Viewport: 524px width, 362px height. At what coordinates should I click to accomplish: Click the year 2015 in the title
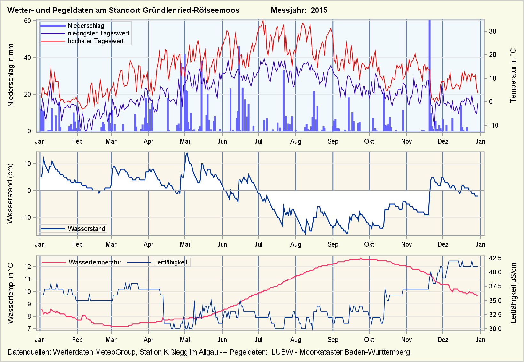pyautogui.click(x=319, y=10)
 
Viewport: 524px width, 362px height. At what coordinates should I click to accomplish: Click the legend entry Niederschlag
pyautogui.click(x=86, y=26)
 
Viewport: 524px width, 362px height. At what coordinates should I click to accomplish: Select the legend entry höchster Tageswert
pyautogui.click(x=96, y=41)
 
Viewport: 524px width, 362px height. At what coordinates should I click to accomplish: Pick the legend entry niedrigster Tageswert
pyautogui.click(x=98, y=33)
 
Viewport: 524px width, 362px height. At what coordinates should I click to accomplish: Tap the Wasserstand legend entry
pyautogui.click(x=86, y=229)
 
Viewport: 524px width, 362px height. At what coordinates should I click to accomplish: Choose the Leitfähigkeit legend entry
pyautogui.click(x=171, y=263)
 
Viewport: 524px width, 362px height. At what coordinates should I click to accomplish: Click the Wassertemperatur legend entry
pyautogui.click(x=95, y=263)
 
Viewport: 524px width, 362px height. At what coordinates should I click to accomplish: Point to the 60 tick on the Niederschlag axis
pyautogui.click(x=27, y=21)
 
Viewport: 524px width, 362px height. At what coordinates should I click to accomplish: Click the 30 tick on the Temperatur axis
pyautogui.click(x=492, y=31)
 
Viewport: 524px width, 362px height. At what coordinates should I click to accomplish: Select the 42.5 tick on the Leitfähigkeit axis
pyautogui.click(x=495, y=258)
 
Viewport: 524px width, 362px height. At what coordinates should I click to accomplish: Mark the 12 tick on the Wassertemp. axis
pyautogui.click(x=28, y=267)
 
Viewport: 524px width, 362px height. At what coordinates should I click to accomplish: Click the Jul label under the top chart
pyautogui.click(x=258, y=141)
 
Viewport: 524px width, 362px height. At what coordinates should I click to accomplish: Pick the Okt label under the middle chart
pyautogui.click(x=369, y=244)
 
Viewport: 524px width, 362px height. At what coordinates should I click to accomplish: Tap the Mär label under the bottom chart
pyautogui.click(x=111, y=340)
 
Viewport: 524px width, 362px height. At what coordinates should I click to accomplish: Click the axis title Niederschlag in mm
pyautogui.click(x=11, y=75)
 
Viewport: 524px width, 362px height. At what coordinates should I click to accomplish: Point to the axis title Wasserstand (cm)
pyautogui.click(x=10, y=193)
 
